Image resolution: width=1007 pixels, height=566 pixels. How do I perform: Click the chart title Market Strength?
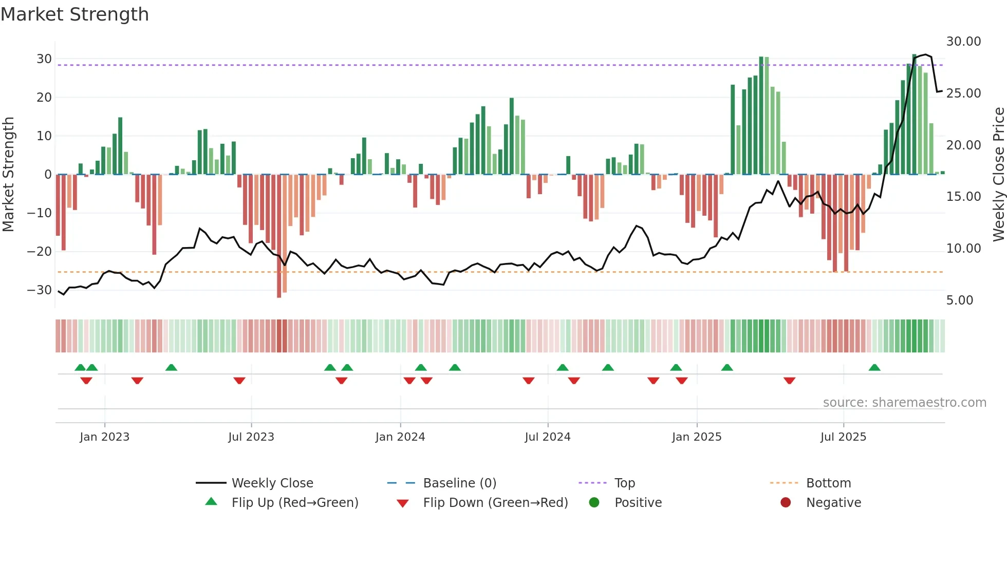click(x=74, y=14)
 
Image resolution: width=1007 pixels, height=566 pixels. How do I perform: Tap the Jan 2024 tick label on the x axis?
click(x=400, y=437)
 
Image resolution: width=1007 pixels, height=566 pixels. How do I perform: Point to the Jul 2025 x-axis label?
click(x=843, y=437)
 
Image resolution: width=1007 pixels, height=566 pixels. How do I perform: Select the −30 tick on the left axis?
click(x=40, y=290)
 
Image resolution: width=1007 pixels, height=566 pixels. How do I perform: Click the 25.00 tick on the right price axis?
click(x=963, y=93)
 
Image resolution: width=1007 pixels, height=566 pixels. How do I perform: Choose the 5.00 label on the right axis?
click(x=959, y=300)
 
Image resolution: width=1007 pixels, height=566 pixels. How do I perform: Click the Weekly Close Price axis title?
click(x=998, y=175)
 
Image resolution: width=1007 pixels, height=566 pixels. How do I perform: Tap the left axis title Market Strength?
click(x=8, y=175)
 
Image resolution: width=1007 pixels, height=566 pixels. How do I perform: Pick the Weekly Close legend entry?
click(x=272, y=483)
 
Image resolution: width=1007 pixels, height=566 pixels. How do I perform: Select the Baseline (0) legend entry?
click(x=459, y=483)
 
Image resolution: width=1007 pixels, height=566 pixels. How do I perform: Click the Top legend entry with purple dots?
click(x=624, y=483)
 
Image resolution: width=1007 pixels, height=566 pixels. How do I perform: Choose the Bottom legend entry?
click(x=828, y=483)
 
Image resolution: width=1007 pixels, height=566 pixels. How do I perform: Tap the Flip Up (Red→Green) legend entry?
click(x=294, y=503)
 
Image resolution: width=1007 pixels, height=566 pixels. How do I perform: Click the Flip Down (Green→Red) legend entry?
click(x=495, y=503)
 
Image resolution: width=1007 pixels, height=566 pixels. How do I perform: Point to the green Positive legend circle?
click(x=594, y=503)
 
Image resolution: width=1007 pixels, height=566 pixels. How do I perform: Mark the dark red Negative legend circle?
click(x=786, y=503)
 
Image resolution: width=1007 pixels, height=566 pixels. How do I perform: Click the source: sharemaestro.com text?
click(x=904, y=403)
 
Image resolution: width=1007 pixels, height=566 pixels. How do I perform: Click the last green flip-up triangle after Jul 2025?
click(x=874, y=367)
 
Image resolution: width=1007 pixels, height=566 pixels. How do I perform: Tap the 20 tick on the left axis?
click(x=44, y=98)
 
